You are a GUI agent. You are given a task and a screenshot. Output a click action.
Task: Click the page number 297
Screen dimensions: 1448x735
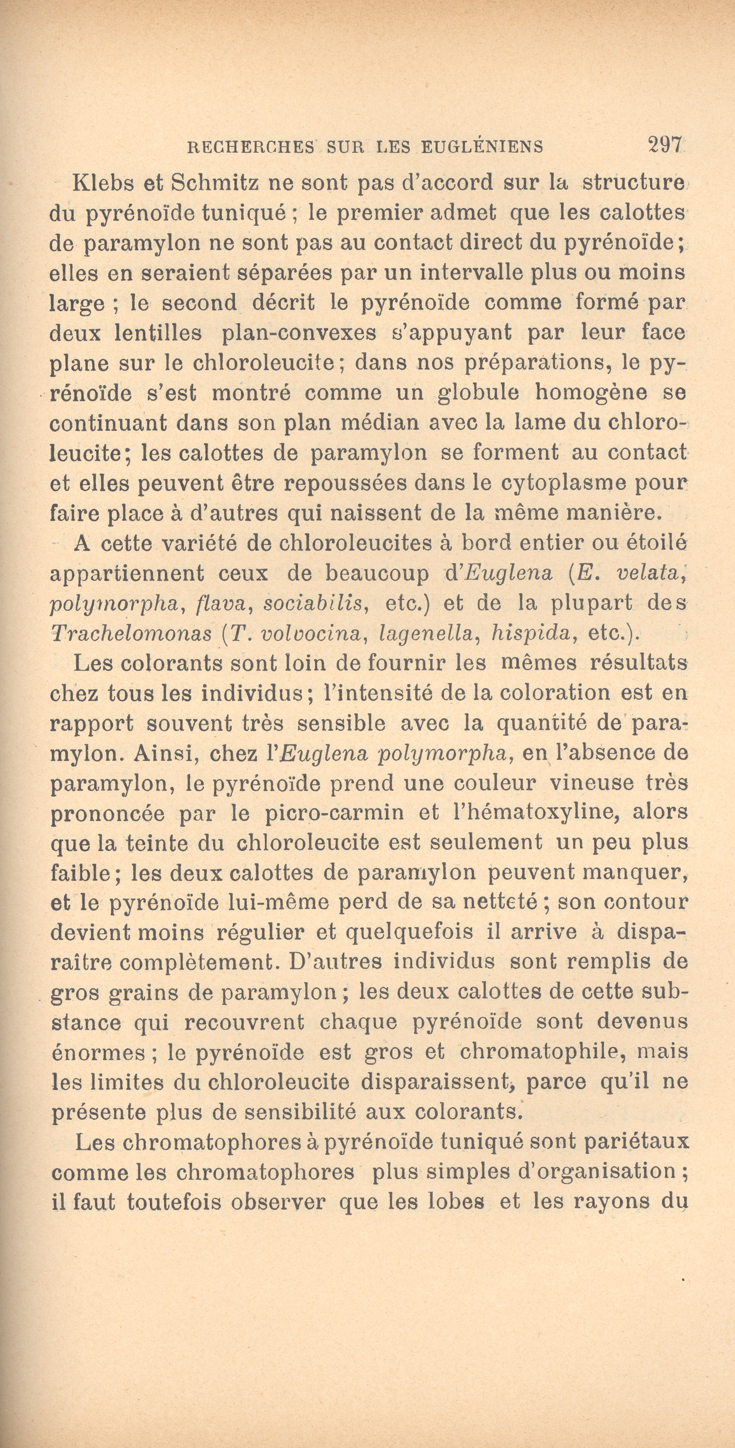click(665, 145)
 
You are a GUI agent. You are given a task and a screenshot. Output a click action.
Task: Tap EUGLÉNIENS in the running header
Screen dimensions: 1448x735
click(482, 147)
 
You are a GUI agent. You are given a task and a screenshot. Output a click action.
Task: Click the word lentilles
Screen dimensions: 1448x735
click(158, 333)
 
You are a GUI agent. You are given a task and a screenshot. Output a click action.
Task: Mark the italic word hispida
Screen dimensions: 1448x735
click(531, 634)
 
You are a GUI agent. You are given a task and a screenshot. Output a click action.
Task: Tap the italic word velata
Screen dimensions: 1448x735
click(649, 573)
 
